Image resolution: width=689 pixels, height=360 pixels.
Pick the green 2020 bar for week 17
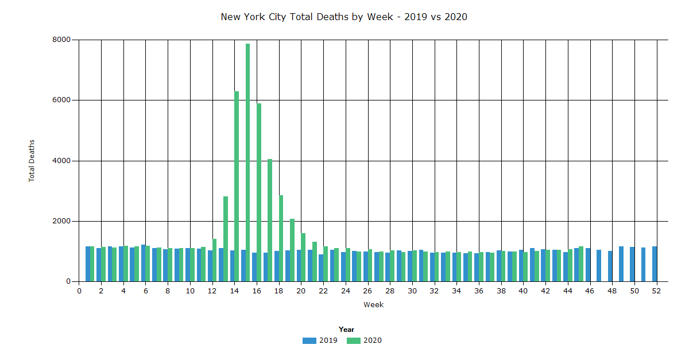point(270,220)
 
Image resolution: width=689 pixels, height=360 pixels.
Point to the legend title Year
point(346,330)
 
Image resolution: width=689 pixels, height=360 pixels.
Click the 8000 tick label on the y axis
point(60,40)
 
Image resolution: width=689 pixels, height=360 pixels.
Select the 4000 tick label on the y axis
point(60,161)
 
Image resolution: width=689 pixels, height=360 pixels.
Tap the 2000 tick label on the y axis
point(60,221)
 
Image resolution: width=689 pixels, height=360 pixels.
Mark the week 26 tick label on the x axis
point(368,291)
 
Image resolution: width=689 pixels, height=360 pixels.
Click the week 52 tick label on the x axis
point(656,291)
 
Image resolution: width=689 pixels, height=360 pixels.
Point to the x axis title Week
point(373,305)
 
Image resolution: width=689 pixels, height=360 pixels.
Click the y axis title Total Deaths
point(32,161)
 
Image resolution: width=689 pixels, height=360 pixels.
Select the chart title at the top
point(344,17)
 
